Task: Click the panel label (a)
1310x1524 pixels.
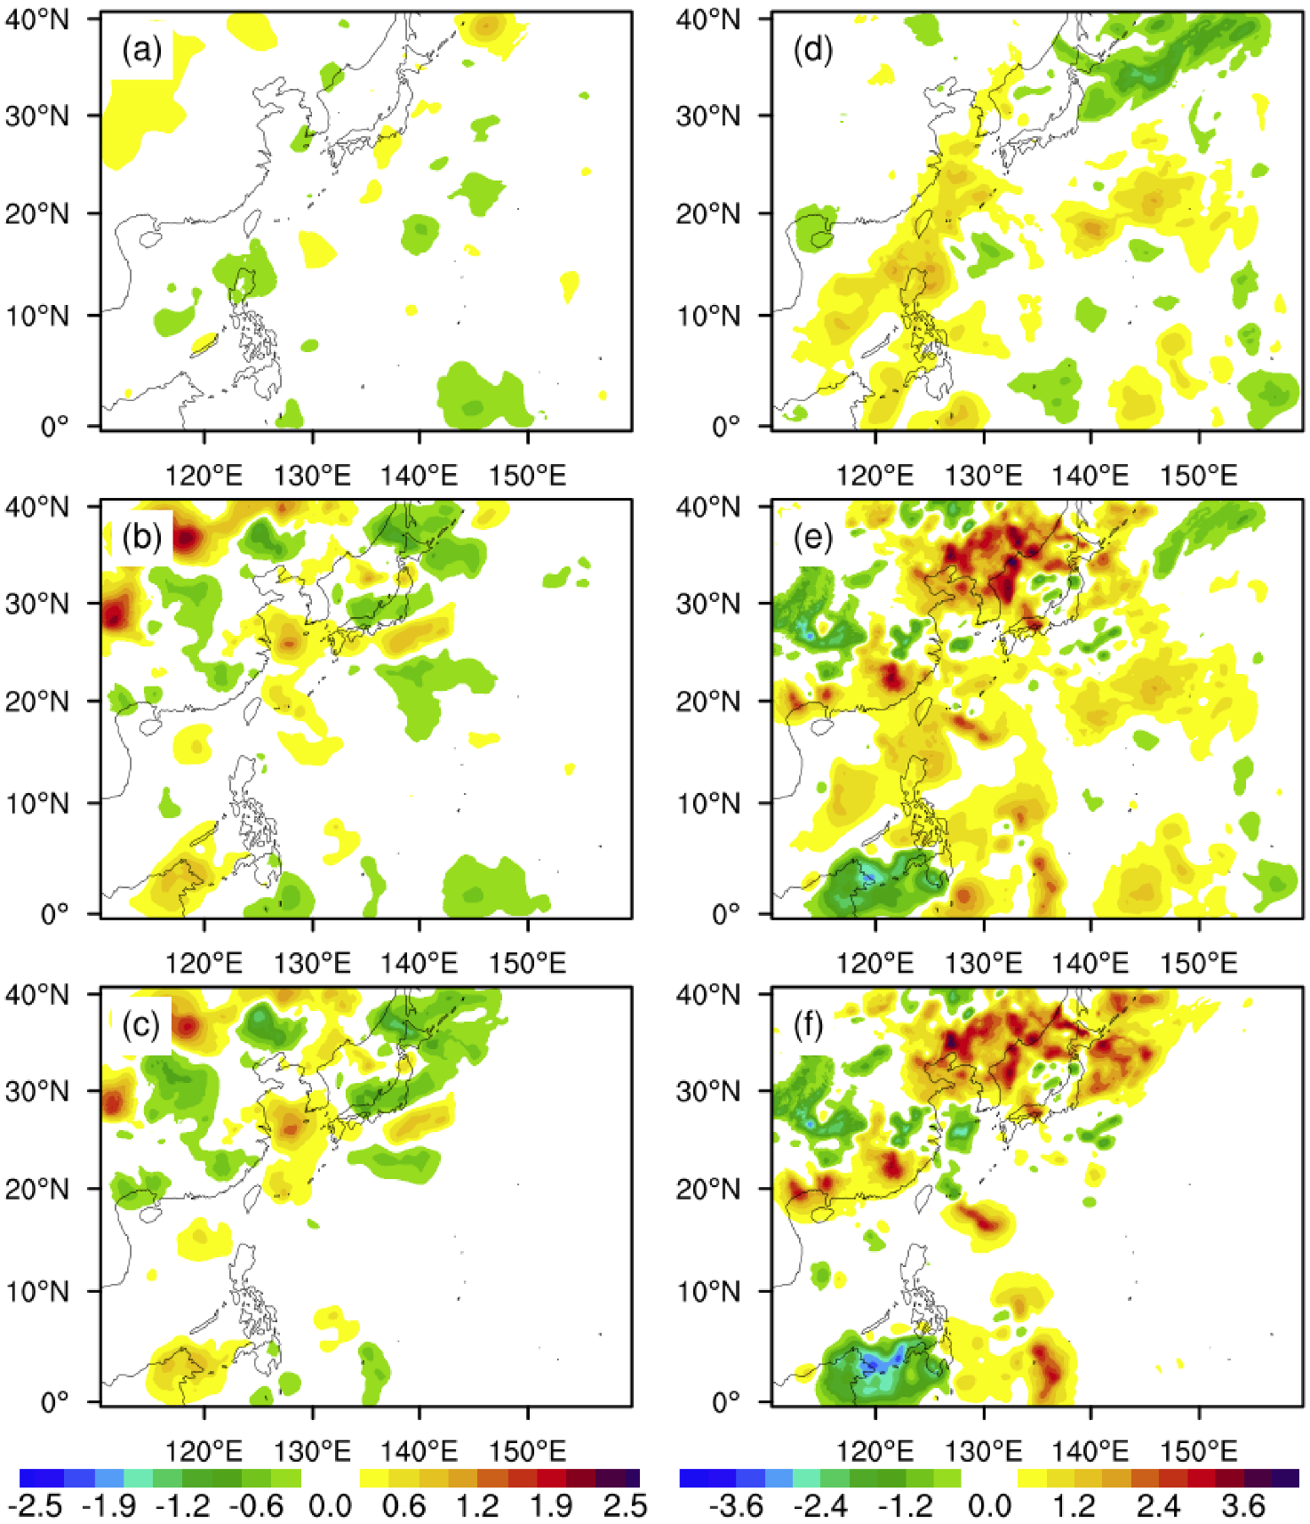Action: pyautogui.click(x=141, y=51)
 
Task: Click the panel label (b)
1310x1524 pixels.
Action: pyautogui.click(x=141, y=538)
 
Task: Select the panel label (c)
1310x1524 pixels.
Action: pyautogui.click(x=141, y=1025)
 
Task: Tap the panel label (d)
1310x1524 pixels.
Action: pyautogui.click(x=812, y=51)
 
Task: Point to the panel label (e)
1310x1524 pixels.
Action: pyautogui.click(x=812, y=538)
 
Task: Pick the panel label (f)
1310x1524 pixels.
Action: pyautogui.click(x=812, y=1025)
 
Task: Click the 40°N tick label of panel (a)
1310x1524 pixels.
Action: pyautogui.click(x=37, y=20)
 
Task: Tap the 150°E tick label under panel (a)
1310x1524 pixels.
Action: pyautogui.click(x=527, y=476)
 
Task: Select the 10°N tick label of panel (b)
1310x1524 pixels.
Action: pyautogui.click(x=37, y=804)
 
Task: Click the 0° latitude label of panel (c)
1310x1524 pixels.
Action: pyautogui.click(x=55, y=1402)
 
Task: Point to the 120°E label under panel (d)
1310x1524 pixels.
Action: pyautogui.click(x=875, y=476)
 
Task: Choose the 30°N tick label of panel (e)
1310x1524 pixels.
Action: pyautogui.click(x=708, y=604)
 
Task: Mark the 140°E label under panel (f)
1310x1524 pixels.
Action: pyautogui.click(x=1090, y=1452)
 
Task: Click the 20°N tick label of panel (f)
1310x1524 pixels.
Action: pyautogui.click(x=708, y=1189)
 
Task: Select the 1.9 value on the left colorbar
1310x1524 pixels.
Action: pyautogui.click(x=551, y=1506)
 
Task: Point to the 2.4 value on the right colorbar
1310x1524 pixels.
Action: pyautogui.click(x=1158, y=1506)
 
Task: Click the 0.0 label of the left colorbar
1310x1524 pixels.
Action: pyautogui.click(x=331, y=1506)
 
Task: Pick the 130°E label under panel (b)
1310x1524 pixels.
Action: pyautogui.click(x=312, y=963)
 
